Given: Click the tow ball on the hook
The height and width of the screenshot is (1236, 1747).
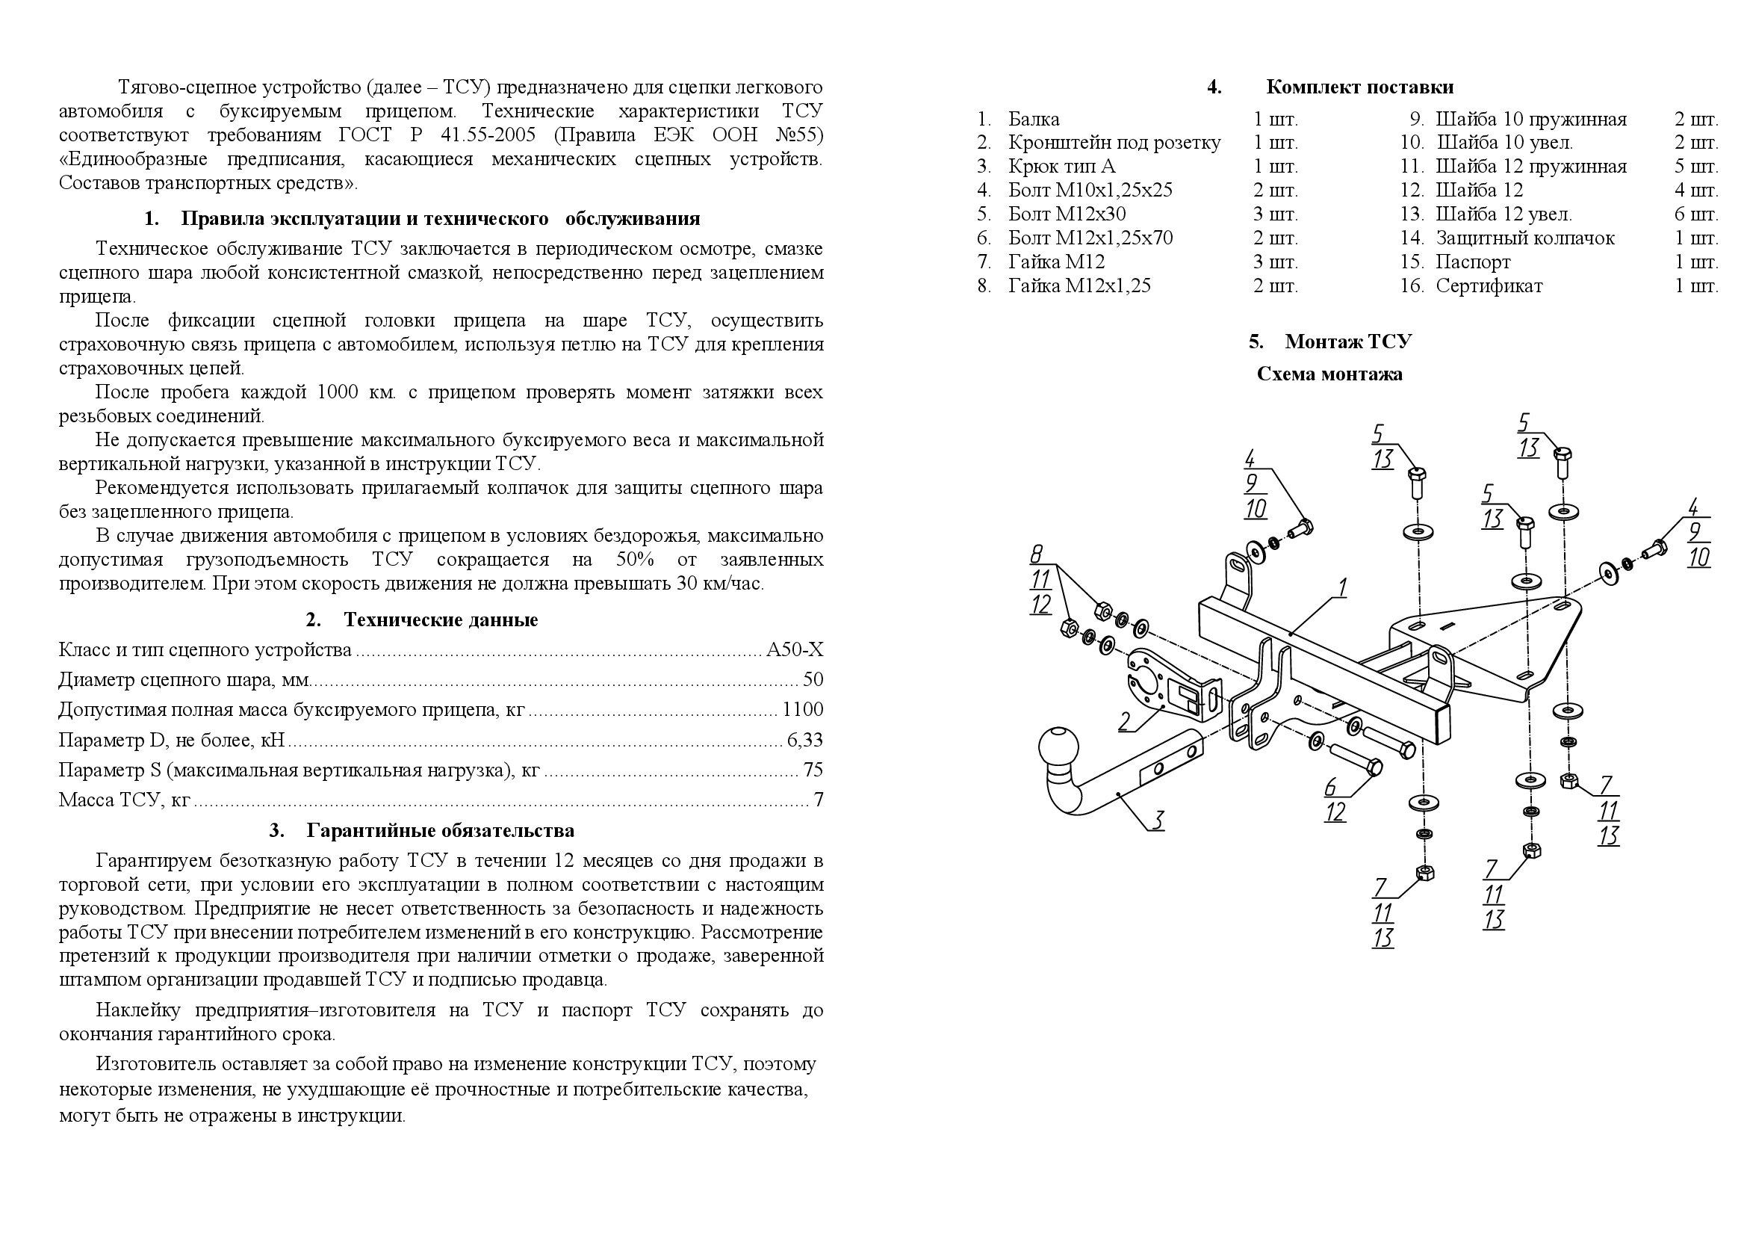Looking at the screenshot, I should coord(1058,749).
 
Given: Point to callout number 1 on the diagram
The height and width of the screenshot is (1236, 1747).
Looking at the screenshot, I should coord(1344,587).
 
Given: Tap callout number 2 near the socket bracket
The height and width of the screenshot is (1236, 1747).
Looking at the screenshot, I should coord(1125,720).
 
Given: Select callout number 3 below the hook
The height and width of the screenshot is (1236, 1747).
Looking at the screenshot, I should coord(1156,821).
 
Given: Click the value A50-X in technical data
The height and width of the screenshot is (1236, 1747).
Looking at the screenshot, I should coord(795,649).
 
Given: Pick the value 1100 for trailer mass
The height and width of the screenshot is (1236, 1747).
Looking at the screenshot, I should coord(803,709).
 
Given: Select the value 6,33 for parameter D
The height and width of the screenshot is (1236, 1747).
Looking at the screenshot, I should coord(805,740).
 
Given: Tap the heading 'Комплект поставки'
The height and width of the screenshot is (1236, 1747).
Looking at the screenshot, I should coord(1359,87).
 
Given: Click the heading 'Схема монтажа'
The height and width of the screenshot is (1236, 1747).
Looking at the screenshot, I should coord(1329,374).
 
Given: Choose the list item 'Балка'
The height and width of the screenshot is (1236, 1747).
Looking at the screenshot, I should coord(1033,119).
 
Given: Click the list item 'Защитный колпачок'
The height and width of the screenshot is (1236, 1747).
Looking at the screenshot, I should coord(1525,238).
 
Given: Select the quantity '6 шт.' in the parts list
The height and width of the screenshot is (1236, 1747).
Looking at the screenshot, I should coord(1696,214).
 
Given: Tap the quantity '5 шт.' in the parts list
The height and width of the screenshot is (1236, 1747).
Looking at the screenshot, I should coord(1696,167).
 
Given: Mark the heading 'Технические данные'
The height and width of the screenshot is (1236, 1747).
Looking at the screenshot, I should coord(441,619).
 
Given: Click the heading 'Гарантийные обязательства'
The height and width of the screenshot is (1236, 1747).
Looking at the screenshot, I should coord(441,830).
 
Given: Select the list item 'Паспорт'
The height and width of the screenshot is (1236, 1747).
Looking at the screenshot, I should coord(1473,262).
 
